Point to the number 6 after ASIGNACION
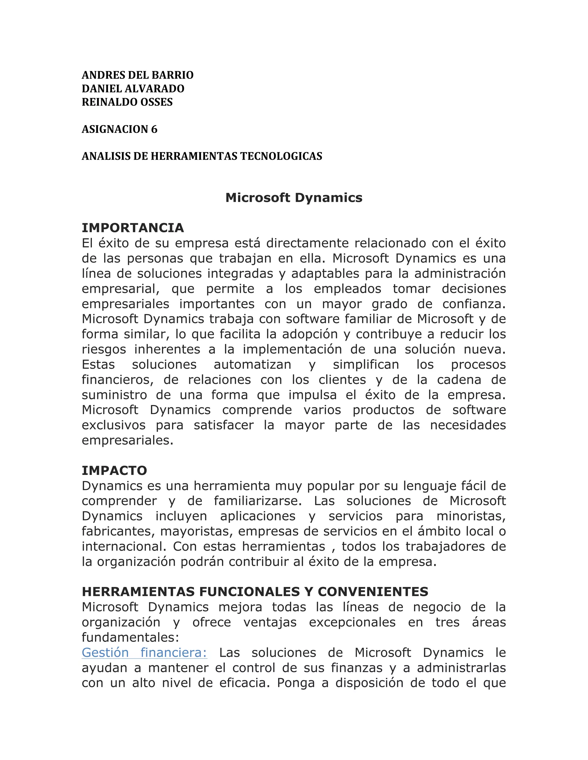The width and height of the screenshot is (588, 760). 154,129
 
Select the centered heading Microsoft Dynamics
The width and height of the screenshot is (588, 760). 294,198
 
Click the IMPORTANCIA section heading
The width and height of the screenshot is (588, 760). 133,228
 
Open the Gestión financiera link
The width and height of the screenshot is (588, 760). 144,652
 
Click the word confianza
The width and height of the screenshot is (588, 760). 474,304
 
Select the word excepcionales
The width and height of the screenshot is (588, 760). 352,622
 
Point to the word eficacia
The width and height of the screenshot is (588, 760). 245,683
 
